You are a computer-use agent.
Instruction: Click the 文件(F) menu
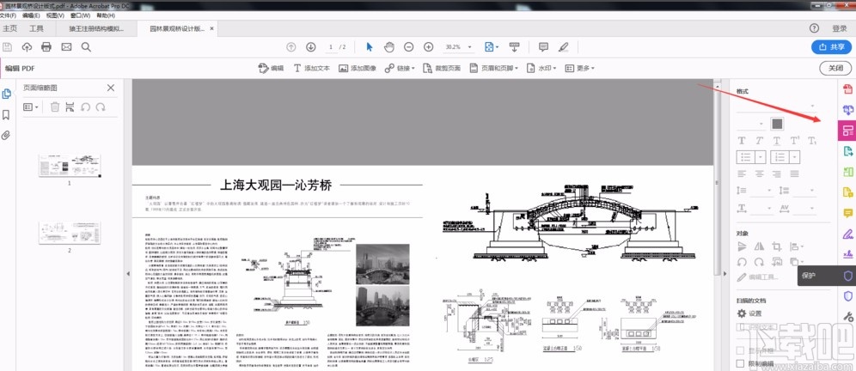[x=8, y=15]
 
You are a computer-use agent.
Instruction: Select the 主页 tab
[x=10, y=28]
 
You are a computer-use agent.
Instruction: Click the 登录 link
[x=840, y=28]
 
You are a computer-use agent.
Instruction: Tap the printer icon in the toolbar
[x=46, y=47]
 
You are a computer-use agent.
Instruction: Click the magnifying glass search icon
[x=86, y=47]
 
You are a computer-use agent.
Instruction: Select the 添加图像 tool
[x=358, y=68]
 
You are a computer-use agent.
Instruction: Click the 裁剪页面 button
[x=443, y=68]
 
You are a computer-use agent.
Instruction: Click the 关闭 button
[x=835, y=68]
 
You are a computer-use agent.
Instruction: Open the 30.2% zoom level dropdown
[x=457, y=47]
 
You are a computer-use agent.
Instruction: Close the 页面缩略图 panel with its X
[x=111, y=88]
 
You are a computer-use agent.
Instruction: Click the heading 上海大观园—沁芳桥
[x=276, y=184]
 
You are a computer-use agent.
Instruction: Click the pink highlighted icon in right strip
[x=847, y=131]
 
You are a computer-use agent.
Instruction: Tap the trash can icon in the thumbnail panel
[x=55, y=106]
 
